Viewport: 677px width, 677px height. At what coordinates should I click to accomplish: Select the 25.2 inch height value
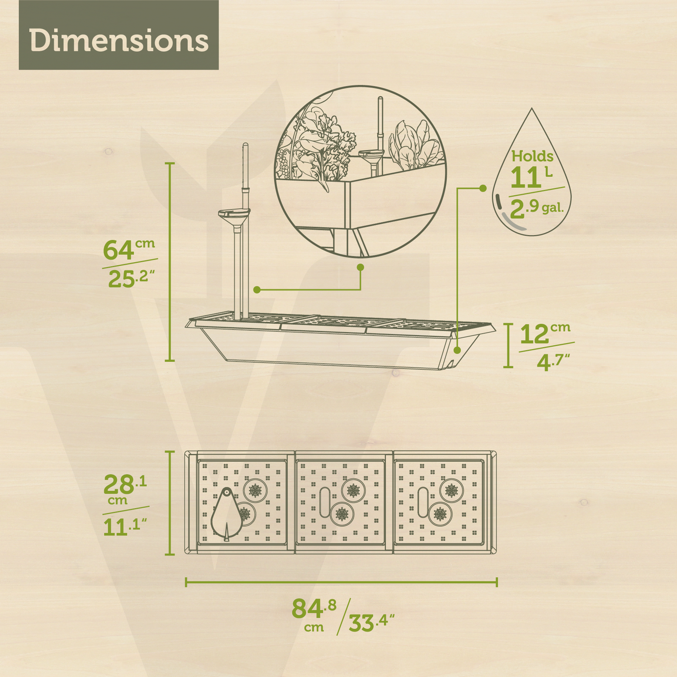tap(131, 279)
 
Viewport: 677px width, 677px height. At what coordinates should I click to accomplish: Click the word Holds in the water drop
tap(532, 156)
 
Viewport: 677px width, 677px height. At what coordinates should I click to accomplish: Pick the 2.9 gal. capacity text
tap(537, 208)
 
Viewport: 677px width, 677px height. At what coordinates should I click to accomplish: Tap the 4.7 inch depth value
tap(553, 362)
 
